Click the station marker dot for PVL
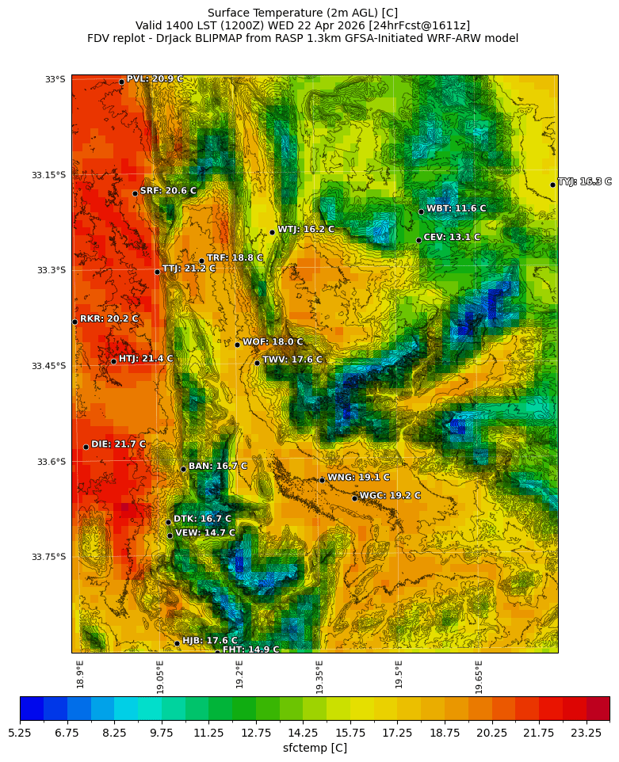coord(121,82)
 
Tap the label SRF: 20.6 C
coord(168,191)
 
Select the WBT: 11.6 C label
coord(456,208)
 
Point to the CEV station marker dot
coord(418,240)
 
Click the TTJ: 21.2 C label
coord(189,269)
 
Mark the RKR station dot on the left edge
coord(75,322)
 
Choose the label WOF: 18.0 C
coord(273,342)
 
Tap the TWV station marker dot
coord(258,363)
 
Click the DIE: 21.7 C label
coord(118,444)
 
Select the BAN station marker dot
coord(183,469)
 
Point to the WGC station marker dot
coord(354,498)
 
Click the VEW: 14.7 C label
coord(205,533)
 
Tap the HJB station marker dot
coord(177,643)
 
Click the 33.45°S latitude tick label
coord(48,366)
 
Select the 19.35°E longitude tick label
coord(319,677)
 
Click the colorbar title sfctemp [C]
coord(315,748)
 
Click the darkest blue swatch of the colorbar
coord(32,708)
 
